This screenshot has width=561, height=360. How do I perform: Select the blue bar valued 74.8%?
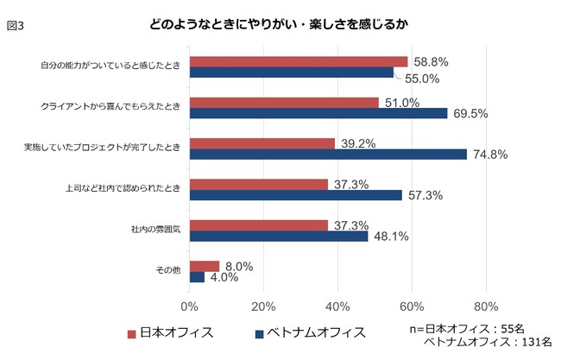[x=328, y=155]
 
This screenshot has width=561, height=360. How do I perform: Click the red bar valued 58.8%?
[x=298, y=61]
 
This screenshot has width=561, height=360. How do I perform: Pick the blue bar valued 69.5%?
[x=318, y=113]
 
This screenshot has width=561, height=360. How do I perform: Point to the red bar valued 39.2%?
[x=262, y=143]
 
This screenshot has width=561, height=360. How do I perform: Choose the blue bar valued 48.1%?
[x=279, y=236]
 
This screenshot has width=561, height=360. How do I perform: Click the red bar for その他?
[x=205, y=266]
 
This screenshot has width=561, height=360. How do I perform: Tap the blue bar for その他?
[x=197, y=277]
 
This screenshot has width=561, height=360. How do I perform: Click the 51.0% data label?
[x=400, y=103]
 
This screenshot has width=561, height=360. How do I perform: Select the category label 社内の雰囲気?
[x=155, y=230]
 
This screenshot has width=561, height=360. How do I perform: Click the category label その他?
[x=167, y=271]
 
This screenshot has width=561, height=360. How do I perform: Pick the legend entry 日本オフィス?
[x=177, y=332]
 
